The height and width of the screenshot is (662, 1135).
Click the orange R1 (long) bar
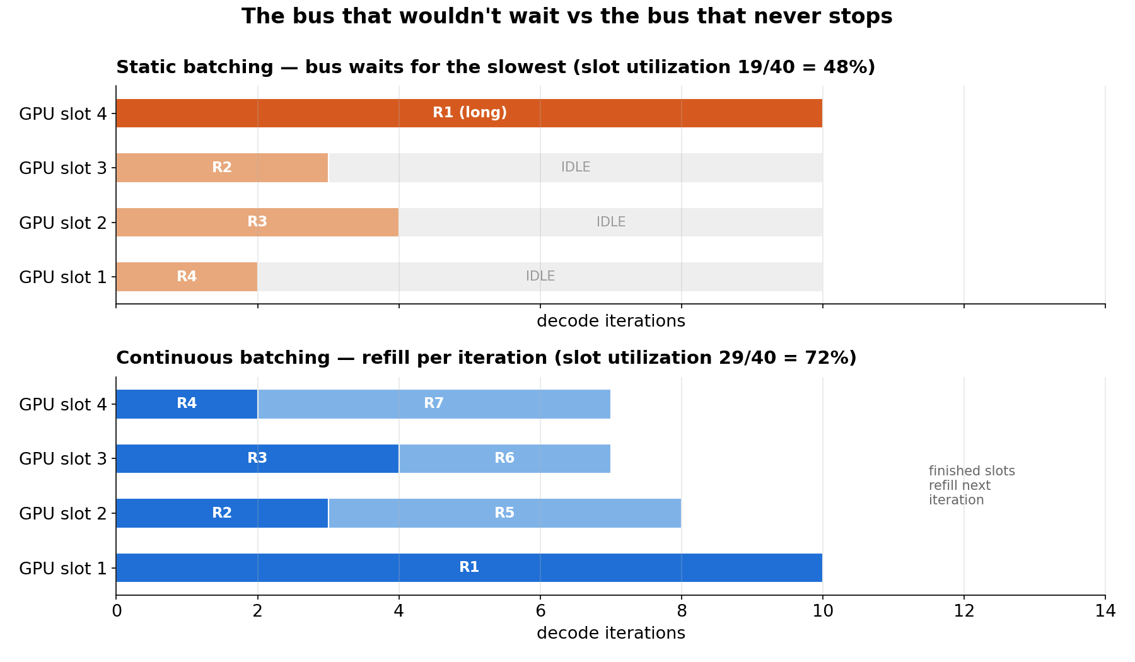pos(469,113)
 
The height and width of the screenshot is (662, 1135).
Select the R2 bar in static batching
pos(222,168)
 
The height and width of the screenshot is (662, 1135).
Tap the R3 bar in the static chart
pos(257,222)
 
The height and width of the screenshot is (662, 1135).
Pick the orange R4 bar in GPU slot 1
pos(187,277)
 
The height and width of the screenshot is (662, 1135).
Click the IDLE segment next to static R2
pos(576,168)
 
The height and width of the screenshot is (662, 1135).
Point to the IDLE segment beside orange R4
pos(540,277)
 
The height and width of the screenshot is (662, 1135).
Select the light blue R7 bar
pos(434,404)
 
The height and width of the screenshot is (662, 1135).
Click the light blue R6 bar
pos(504,458)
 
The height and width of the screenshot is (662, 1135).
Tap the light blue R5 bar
pos(504,513)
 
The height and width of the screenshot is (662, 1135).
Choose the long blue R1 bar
pos(469,567)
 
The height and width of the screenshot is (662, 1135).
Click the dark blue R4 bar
pos(187,404)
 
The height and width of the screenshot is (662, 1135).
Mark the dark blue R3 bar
pos(257,458)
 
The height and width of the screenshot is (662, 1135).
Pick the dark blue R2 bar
pos(222,513)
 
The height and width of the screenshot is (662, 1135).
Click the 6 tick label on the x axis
pos(540,611)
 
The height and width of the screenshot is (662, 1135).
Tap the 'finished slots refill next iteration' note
pos(972,485)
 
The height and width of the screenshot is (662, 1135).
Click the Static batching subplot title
pos(496,67)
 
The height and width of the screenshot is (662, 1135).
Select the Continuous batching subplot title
pos(486,358)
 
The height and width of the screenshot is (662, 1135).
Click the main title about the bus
pos(567,16)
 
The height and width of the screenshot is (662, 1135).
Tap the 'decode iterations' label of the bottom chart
pos(610,633)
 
